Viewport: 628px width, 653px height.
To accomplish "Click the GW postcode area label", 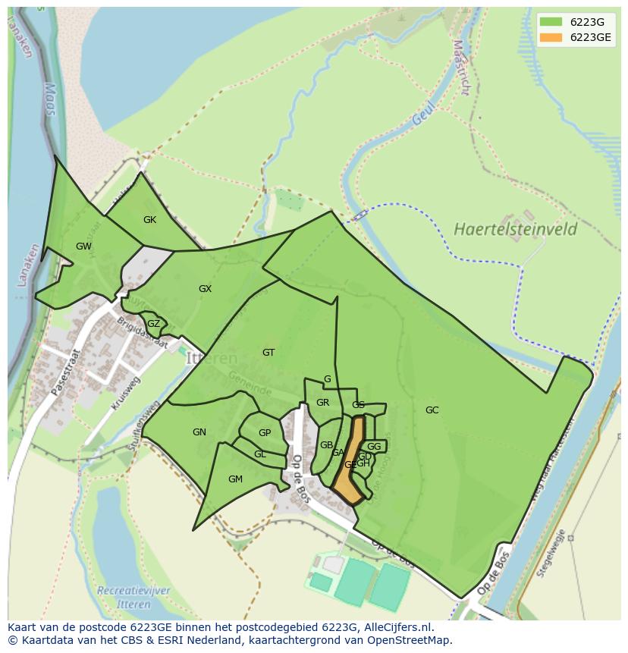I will pyautogui.click(x=83, y=246).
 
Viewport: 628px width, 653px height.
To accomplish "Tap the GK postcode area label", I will pyautogui.click(x=149, y=220).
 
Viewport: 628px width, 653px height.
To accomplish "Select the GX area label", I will pyautogui.click(x=205, y=289).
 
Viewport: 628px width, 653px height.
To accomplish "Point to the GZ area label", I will pyautogui.click(x=153, y=324).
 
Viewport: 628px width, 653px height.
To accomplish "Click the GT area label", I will pyautogui.click(x=268, y=353).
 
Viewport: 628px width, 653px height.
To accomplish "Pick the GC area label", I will pyautogui.click(x=432, y=410).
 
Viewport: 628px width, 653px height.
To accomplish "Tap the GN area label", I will pyautogui.click(x=199, y=432).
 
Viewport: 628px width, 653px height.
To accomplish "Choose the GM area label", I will pyautogui.click(x=235, y=479).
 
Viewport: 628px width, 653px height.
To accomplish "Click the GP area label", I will pyautogui.click(x=265, y=433).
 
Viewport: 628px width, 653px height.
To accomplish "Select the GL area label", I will pyautogui.click(x=260, y=454).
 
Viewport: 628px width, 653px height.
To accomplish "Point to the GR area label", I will pyautogui.click(x=322, y=403).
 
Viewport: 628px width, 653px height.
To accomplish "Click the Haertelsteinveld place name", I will pyautogui.click(x=515, y=229).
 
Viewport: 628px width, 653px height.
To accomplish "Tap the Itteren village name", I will pyautogui.click(x=212, y=359).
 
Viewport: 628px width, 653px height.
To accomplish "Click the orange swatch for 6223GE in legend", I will pyautogui.click(x=551, y=38).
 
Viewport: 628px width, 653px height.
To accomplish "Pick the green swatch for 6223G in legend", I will pyautogui.click(x=551, y=22).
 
